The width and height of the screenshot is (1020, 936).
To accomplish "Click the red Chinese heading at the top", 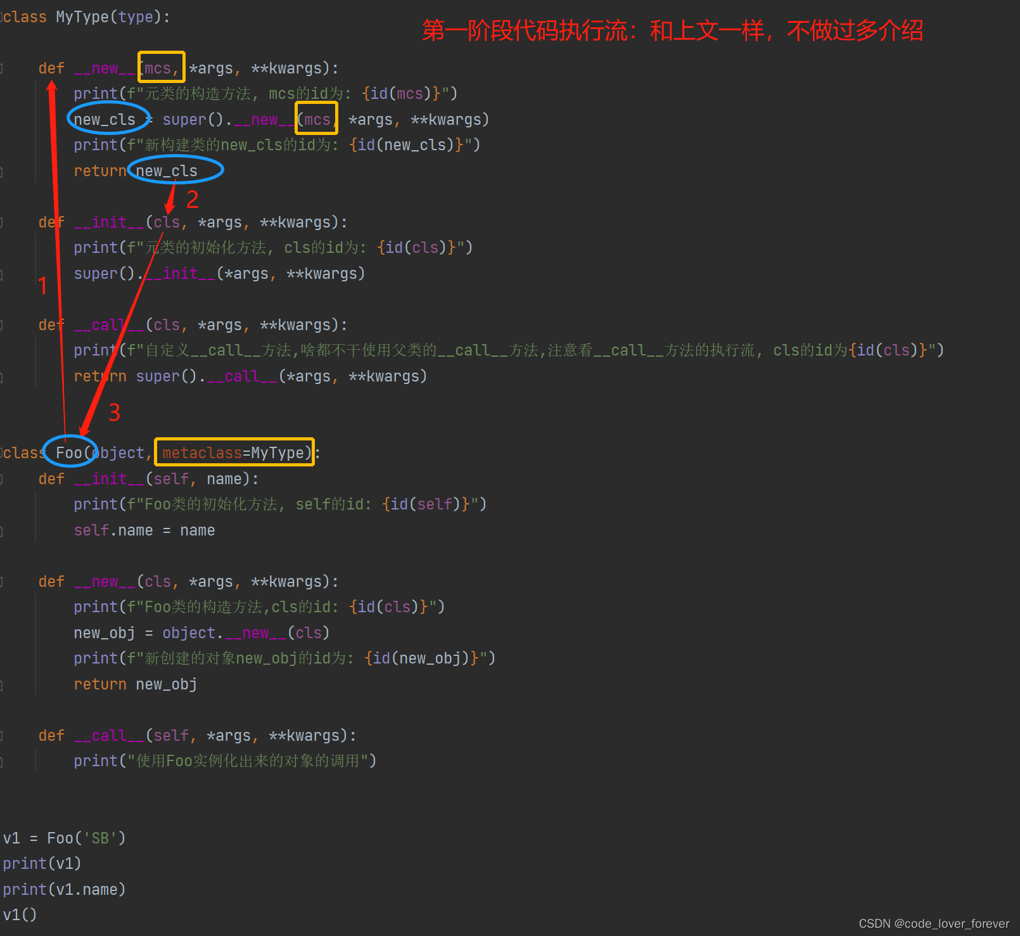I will pos(672,30).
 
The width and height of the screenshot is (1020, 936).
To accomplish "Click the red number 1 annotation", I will pos(42,286).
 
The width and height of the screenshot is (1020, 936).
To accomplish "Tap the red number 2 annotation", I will pos(193,200).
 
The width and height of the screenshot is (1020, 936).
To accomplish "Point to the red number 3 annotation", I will pos(115,413).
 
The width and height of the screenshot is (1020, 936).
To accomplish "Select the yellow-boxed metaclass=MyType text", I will pos(234,452).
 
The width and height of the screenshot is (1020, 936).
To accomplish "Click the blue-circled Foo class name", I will pos(69,452).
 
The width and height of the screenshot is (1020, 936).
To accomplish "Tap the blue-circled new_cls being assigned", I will pos(105,120).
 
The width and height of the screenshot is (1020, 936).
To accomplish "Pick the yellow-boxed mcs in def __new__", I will pos(161,68).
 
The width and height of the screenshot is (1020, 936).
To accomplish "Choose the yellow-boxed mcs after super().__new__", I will pos(316,120).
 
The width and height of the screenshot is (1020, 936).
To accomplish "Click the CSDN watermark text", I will pos(933,923).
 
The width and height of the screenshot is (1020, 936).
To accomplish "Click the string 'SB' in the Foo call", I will pos(100,838).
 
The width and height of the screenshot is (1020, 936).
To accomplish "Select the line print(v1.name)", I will pos(64,890).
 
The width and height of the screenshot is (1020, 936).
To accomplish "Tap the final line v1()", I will pos(20,915).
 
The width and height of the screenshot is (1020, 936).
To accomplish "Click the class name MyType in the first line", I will pos(82,17).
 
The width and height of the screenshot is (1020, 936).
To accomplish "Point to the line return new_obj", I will pos(135,684).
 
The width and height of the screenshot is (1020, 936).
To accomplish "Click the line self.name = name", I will pos(144,530).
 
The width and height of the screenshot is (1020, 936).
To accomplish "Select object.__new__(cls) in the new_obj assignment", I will pos(246,633).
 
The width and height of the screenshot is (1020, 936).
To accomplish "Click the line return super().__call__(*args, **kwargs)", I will pos(250,376).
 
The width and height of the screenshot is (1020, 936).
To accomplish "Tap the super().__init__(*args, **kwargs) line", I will pos(219,274).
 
